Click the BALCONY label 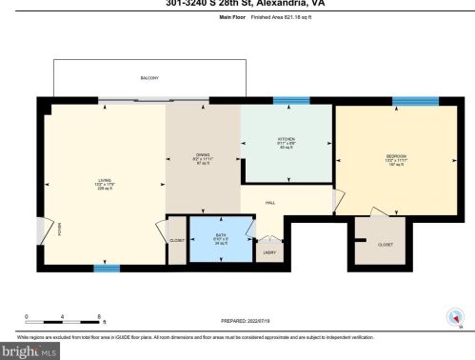[x=149, y=78]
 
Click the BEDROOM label [x=396, y=156]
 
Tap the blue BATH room [x=221, y=239]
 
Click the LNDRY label [x=270, y=251]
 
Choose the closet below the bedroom [x=384, y=244]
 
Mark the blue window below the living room [x=107, y=269]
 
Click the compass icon [x=453, y=319]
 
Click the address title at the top [x=237, y=3]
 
